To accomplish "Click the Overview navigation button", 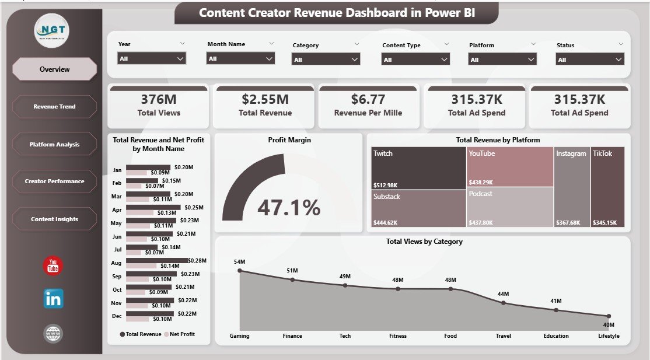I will click(x=54, y=69).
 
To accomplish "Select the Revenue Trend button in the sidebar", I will click(x=54, y=107).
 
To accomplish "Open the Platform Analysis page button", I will click(x=54, y=144).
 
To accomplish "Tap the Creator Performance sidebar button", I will click(x=54, y=181).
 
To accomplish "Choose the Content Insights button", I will click(x=54, y=219).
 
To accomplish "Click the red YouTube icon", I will click(x=53, y=266).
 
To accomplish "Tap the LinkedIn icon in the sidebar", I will click(x=53, y=299).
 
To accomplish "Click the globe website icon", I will click(x=53, y=334).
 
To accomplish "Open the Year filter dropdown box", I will click(x=152, y=58).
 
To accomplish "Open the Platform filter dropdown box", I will click(x=502, y=59).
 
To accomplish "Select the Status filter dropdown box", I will click(x=589, y=59).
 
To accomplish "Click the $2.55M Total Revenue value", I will click(x=264, y=99).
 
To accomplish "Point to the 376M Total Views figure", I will click(x=158, y=99).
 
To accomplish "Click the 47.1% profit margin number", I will click(x=289, y=208).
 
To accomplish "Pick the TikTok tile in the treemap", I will click(x=607, y=187).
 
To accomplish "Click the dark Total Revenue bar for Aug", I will click(x=157, y=260).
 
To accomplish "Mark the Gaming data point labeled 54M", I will click(x=240, y=271).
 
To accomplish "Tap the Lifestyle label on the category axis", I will click(x=608, y=335).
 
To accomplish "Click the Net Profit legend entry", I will click(x=181, y=334).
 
